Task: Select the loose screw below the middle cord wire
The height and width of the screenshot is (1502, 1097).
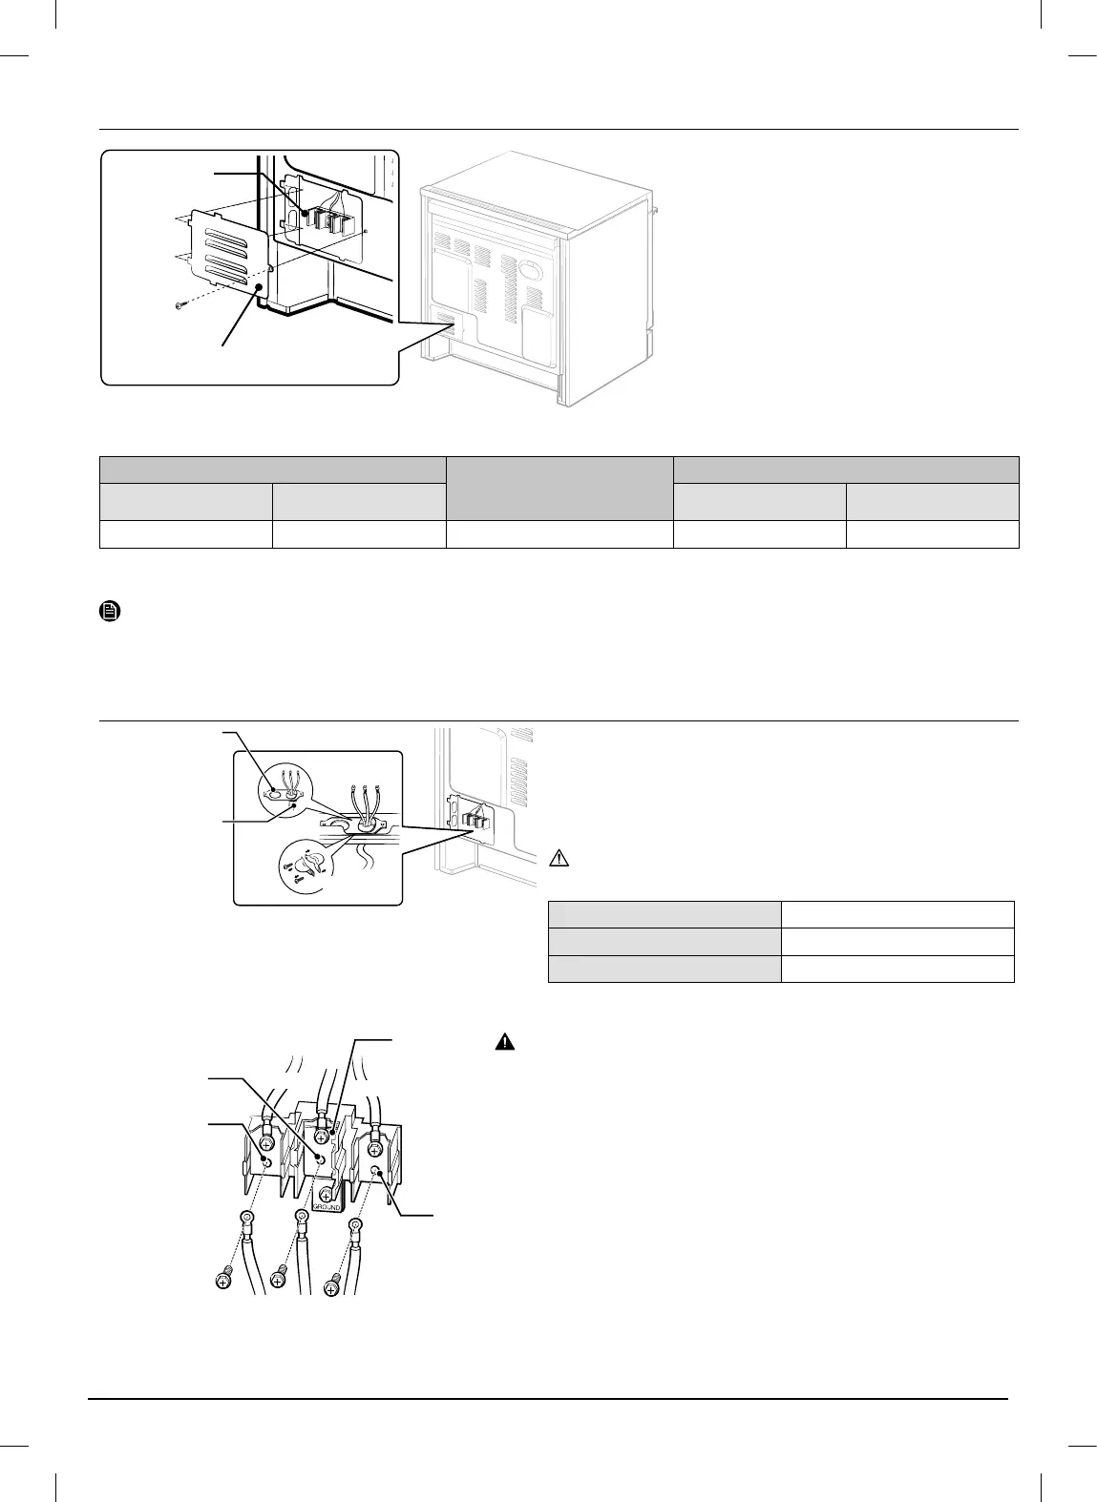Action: coord(280,1275)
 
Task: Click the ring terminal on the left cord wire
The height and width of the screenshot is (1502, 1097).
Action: coord(246,1219)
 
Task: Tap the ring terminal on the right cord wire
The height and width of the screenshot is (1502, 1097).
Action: coord(355,1226)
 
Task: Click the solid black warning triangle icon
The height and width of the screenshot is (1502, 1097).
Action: coord(503,1043)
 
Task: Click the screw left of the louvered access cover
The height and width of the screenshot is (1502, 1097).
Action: coord(181,305)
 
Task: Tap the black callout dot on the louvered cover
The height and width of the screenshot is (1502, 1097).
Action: coord(259,285)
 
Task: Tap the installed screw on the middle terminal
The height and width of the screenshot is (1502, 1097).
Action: coord(322,1137)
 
